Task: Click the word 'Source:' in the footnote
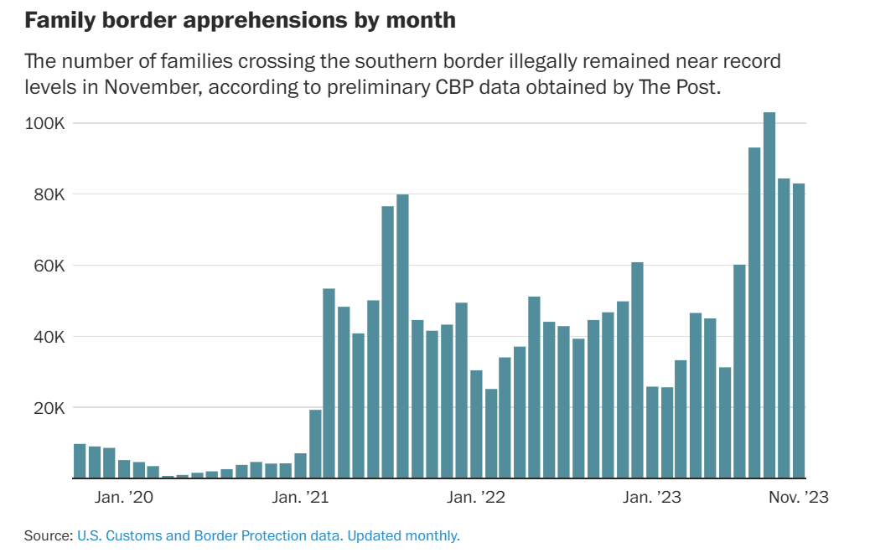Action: coord(48,535)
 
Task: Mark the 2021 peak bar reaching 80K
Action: coord(402,336)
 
